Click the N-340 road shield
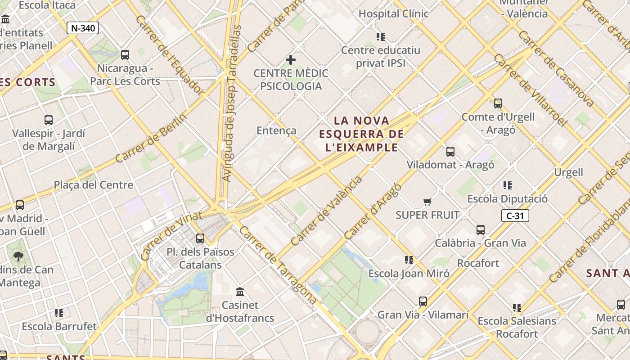point(83,28)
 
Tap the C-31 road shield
point(515,216)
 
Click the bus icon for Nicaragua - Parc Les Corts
point(125,55)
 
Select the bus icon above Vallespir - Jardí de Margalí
point(49,120)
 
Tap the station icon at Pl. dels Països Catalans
point(200,238)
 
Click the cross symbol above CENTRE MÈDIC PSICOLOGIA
point(291,59)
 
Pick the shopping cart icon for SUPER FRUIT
point(427,202)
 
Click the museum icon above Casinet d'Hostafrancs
point(240,292)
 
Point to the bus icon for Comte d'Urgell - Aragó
point(498,103)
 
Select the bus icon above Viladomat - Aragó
point(450,152)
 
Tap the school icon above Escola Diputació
point(508,185)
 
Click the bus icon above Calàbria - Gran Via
point(481,230)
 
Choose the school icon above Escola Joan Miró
point(409,260)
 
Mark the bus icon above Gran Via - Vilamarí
point(423,301)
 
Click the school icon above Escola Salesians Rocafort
point(517,308)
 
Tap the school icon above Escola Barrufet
point(59,313)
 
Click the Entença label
point(276,130)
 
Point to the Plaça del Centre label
point(94,185)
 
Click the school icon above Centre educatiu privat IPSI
point(381,37)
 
